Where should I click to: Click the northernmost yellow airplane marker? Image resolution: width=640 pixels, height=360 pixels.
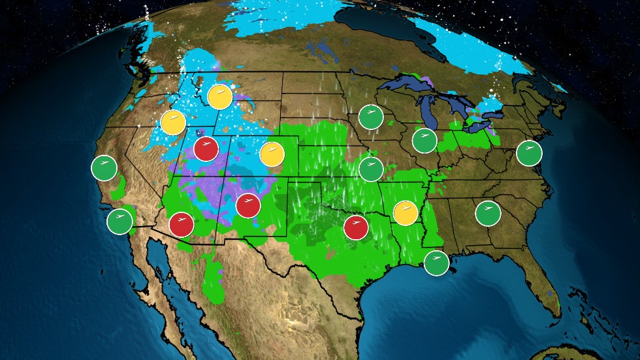click(x=219, y=97)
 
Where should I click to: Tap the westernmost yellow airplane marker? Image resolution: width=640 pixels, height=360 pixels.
click(x=173, y=122)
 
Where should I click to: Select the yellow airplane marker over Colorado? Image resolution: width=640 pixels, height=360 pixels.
click(x=272, y=154)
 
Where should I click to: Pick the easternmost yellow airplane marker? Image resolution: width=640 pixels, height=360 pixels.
click(x=406, y=213)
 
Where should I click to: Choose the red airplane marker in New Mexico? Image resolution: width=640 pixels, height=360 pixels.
click(x=248, y=206)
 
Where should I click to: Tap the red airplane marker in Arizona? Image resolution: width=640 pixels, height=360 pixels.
click(x=182, y=225)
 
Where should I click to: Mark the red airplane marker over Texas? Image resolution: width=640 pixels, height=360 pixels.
click(x=356, y=227)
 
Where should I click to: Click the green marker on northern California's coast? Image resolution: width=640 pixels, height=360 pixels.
click(x=104, y=168)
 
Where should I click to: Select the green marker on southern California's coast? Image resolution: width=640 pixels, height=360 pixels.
click(x=120, y=221)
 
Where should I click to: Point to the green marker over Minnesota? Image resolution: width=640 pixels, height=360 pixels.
click(x=370, y=117)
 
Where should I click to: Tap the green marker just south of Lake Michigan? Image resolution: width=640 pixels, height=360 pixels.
click(x=424, y=140)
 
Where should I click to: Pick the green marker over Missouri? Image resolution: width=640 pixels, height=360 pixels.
click(x=371, y=169)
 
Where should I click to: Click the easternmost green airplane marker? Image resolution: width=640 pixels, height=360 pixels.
click(x=529, y=153)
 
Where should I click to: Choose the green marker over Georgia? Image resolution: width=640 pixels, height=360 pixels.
click(x=488, y=213)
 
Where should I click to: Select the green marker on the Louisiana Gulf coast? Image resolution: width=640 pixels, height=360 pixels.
click(x=436, y=263)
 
